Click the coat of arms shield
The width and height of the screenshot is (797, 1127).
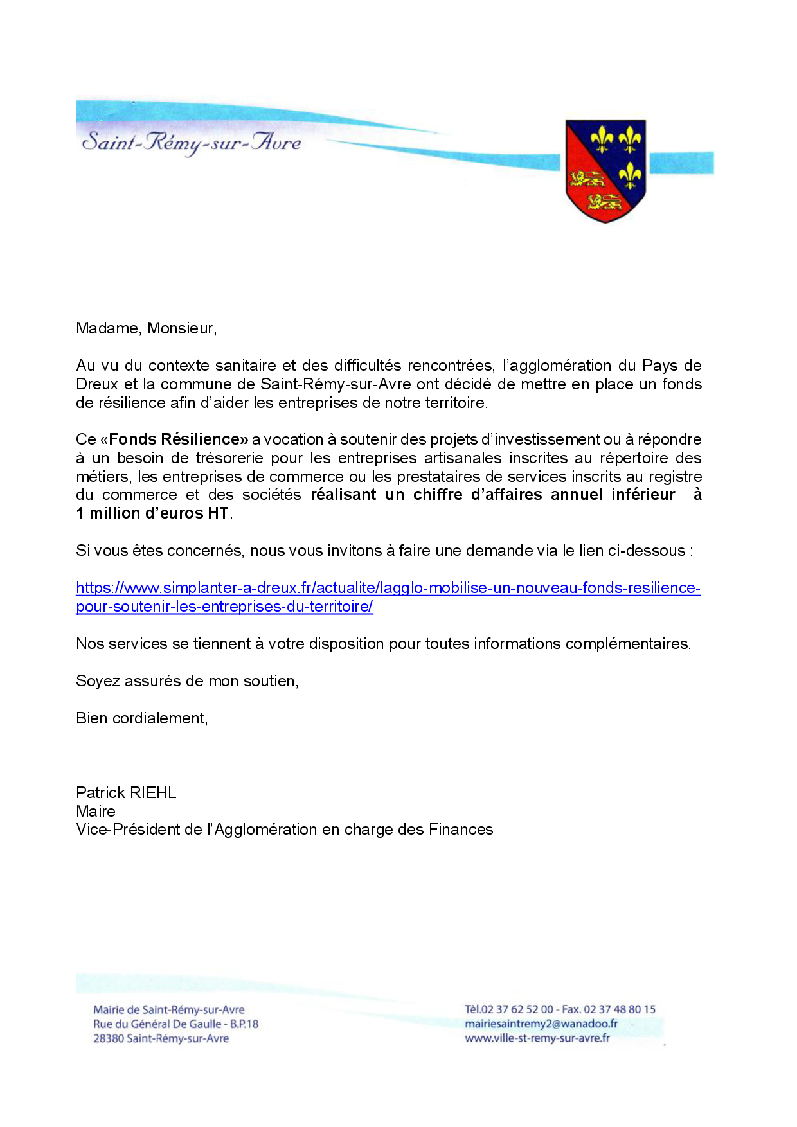point(605,170)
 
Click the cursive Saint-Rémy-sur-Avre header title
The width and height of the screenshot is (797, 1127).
point(192,142)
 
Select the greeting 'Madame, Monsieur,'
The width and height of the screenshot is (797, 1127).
point(147,328)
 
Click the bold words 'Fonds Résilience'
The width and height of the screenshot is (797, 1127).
point(178,439)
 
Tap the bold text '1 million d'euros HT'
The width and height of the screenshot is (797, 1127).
point(152,513)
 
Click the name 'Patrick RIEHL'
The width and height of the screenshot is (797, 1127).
point(126,792)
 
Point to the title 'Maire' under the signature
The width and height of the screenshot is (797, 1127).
point(96,811)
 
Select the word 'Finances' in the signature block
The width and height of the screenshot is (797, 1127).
point(461,830)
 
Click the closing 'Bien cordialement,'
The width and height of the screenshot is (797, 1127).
point(142,718)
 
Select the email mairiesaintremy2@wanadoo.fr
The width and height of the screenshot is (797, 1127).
point(541,1024)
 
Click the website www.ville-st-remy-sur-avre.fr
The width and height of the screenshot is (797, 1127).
point(537,1038)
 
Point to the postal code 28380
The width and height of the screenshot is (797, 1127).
point(108,1038)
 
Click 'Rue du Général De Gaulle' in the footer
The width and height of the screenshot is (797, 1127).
point(157,1024)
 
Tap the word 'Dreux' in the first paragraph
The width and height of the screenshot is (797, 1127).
point(97,384)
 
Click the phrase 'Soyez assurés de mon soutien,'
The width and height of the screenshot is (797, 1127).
point(187,681)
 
